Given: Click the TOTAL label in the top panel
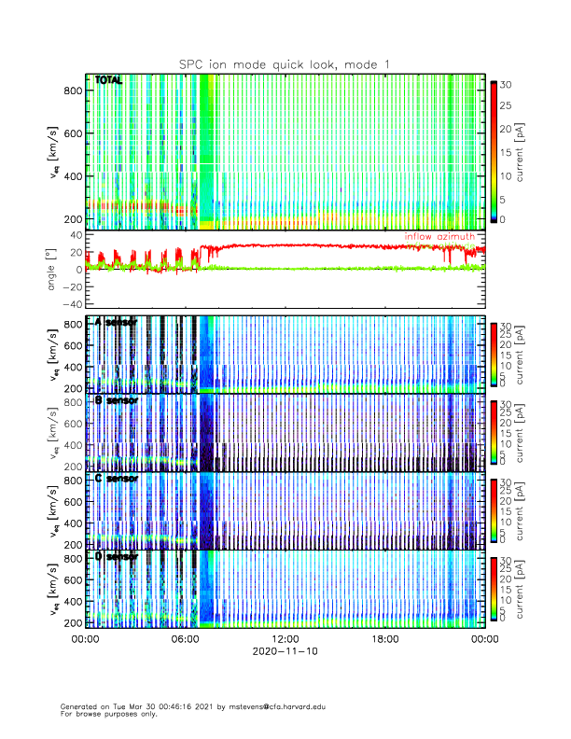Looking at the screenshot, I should (108, 81).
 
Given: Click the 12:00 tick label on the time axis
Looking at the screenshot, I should (285, 639).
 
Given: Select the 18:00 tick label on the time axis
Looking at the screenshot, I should (384, 639).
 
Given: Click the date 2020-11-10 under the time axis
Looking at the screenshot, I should (285, 652).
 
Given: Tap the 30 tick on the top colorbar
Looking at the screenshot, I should (508, 84).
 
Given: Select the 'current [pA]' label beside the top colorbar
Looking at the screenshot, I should (533, 153).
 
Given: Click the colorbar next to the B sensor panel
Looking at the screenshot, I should (494, 432).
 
